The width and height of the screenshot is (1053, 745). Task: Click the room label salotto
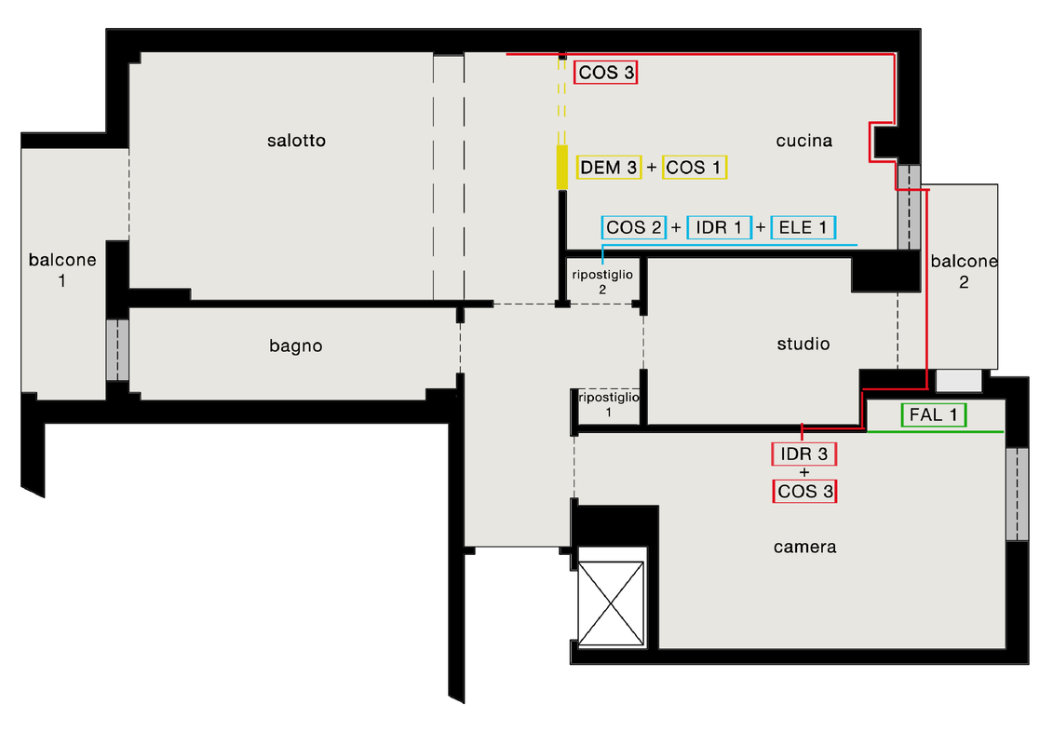coord(296,141)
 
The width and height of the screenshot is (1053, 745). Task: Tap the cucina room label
coord(803,141)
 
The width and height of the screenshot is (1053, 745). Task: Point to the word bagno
coord(295,346)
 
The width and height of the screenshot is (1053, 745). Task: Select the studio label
coord(803,344)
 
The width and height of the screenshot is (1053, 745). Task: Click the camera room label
coord(804,547)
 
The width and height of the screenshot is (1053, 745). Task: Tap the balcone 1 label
coord(62,269)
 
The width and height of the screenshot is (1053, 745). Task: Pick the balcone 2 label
coord(964,271)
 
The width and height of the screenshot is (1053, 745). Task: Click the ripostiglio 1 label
coord(608,404)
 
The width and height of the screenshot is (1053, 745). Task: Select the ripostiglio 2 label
coord(602,281)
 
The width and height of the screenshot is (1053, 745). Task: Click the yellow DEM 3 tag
coord(608,168)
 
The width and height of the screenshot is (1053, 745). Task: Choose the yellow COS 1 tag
coord(695,168)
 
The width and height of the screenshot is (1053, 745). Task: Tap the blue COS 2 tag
coord(634,228)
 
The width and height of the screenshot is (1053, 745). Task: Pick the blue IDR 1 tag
coord(720,228)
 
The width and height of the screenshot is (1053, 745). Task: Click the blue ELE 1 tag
coord(803,228)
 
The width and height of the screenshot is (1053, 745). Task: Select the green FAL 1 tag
coord(934,415)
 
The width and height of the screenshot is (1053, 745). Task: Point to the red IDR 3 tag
coord(803,454)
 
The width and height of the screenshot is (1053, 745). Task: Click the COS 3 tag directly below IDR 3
coord(804,491)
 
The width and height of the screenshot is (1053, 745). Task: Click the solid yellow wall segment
coord(562,167)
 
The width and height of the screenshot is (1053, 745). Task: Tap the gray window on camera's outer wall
coord(1017,494)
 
